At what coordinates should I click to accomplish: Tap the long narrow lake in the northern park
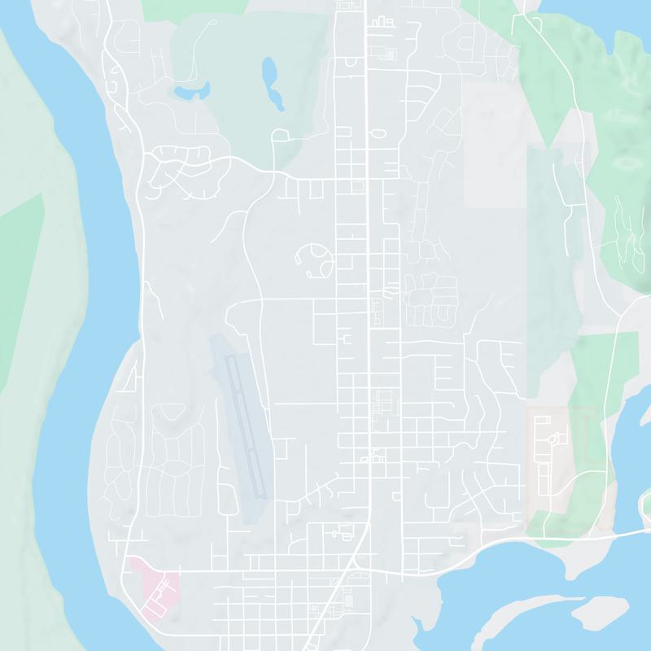[x=271, y=81]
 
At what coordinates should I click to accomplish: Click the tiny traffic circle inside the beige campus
[x=555, y=439]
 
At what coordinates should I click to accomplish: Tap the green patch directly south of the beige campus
[x=561, y=513]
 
